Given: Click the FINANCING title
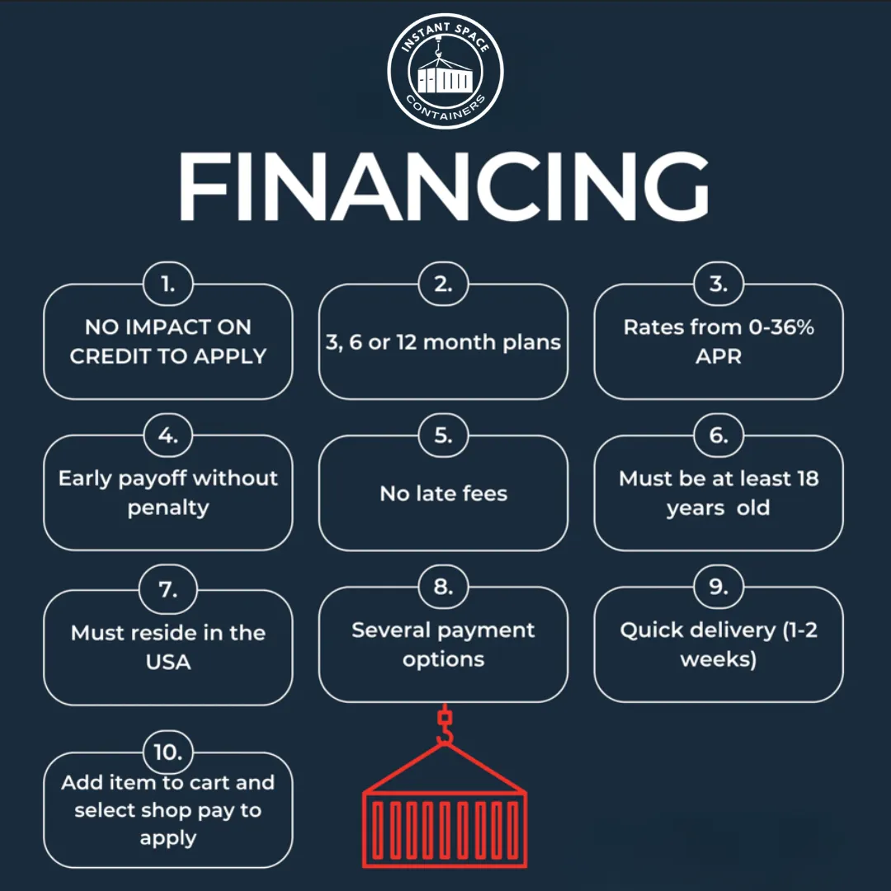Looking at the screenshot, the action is pyautogui.click(x=444, y=186).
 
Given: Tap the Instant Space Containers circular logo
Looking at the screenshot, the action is pyautogui.click(x=445, y=71).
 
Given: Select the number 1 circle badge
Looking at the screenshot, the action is pyautogui.click(x=168, y=284).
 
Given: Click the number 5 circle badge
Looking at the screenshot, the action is pyautogui.click(x=443, y=436).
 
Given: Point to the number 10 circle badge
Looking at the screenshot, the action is pyautogui.click(x=168, y=752).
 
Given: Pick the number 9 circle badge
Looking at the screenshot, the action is pyautogui.click(x=719, y=587).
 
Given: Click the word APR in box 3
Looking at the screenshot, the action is pyautogui.click(x=719, y=356).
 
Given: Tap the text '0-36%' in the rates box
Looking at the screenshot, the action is pyautogui.click(x=781, y=327).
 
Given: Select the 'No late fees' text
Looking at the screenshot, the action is pyautogui.click(x=443, y=493).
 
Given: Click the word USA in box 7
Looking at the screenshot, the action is pyautogui.click(x=168, y=662).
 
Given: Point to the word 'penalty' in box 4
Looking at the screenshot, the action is pyautogui.click(x=168, y=507).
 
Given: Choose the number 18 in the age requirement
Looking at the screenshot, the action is pyautogui.click(x=808, y=478).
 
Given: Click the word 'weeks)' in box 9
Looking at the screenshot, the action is pyautogui.click(x=719, y=659).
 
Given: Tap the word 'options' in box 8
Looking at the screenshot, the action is pyautogui.click(x=443, y=659).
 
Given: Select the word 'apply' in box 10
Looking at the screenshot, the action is pyautogui.click(x=168, y=838).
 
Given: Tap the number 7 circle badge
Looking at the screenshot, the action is pyautogui.click(x=168, y=589).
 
